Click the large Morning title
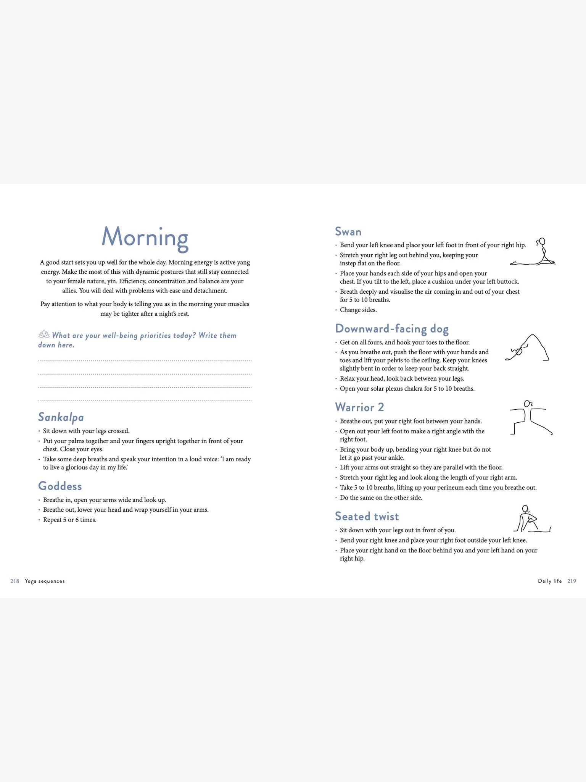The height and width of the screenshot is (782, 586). (x=145, y=237)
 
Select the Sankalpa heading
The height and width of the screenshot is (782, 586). (x=61, y=417)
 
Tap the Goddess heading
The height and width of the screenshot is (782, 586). (x=60, y=486)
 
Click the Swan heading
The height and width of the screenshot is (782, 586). (x=348, y=232)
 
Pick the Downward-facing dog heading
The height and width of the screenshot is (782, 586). (x=391, y=329)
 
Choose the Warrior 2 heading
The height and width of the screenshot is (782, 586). (x=359, y=407)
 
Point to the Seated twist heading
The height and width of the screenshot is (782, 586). (x=367, y=516)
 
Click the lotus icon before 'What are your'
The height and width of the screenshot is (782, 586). (x=44, y=334)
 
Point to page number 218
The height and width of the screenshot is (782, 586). (x=15, y=581)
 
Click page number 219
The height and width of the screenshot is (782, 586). (x=572, y=581)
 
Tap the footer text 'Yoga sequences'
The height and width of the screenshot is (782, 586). (x=45, y=581)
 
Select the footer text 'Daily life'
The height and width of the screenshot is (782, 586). (x=550, y=581)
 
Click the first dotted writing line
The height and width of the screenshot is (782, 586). (x=145, y=360)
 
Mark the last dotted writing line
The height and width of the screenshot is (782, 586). (x=145, y=401)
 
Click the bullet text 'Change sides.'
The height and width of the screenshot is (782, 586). (x=358, y=310)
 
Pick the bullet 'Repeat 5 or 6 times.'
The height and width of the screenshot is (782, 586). (x=69, y=520)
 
